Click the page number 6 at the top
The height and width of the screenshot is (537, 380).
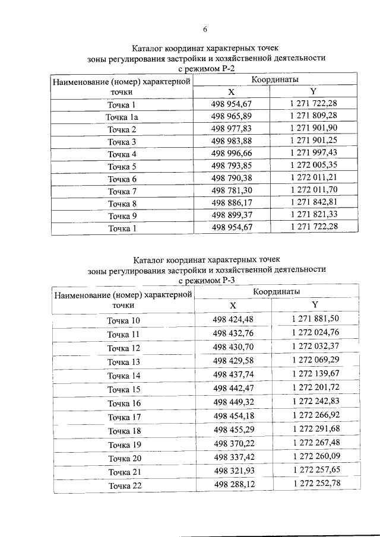(x=205, y=28)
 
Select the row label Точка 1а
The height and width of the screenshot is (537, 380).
(x=122, y=117)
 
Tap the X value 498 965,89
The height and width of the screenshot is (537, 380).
(x=232, y=116)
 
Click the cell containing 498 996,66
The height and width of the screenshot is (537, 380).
(x=232, y=153)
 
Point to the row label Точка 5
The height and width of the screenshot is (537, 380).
(x=122, y=167)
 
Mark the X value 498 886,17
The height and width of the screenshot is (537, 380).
(x=232, y=202)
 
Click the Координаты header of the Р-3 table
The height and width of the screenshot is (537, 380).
(x=277, y=292)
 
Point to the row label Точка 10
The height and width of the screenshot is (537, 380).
(x=123, y=321)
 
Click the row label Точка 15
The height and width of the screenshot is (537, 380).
(x=123, y=390)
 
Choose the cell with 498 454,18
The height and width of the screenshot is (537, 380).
(x=233, y=416)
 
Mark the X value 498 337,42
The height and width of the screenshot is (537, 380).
(x=233, y=457)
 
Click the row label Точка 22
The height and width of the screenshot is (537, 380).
(x=123, y=486)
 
